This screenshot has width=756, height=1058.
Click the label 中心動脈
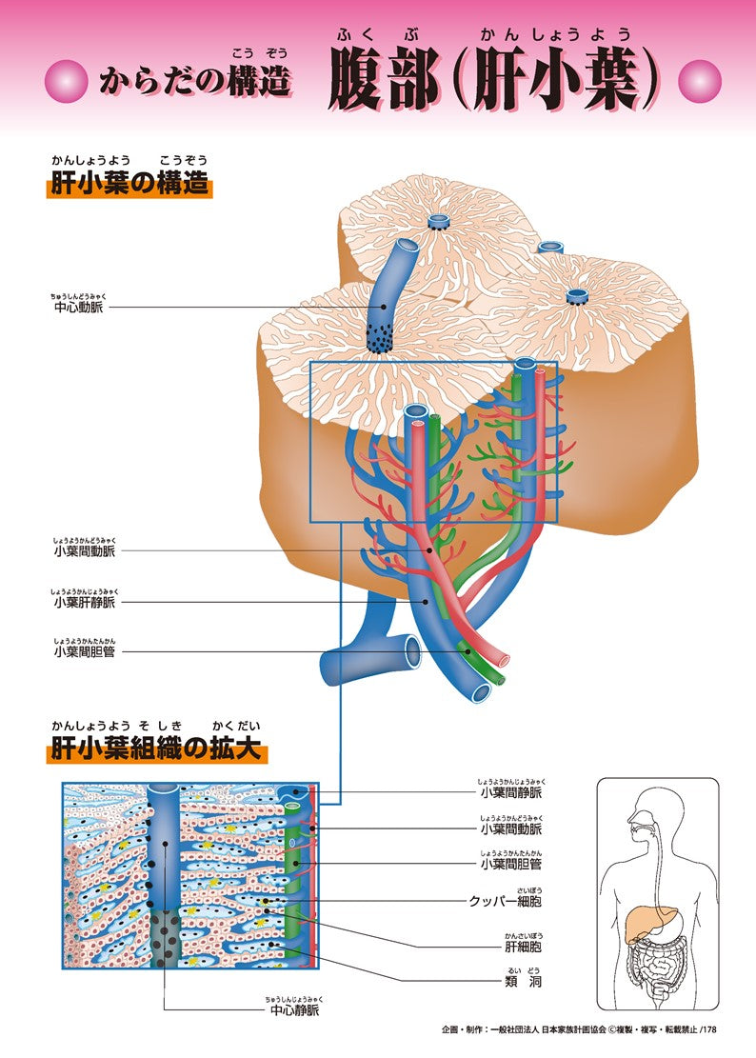pyautogui.click(x=80, y=308)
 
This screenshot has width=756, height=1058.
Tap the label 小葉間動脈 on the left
pyautogui.click(x=86, y=550)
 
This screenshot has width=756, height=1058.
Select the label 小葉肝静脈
pyautogui.click(x=86, y=602)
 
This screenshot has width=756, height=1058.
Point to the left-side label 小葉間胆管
pyautogui.click(x=86, y=652)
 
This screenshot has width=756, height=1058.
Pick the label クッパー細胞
pyautogui.click(x=505, y=900)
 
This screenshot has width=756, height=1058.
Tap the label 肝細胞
pyautogui.click(x=523, y=947)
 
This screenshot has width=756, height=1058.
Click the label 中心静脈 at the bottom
pyautogui.click(x=295, y=1009)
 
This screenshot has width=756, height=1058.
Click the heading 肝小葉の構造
pyautogui.click(x=129, y=184)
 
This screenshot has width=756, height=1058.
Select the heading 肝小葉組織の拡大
pyautogui.click(x=156, y=749)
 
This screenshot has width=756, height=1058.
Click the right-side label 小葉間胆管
pyautogui.click(x=510, y=864)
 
